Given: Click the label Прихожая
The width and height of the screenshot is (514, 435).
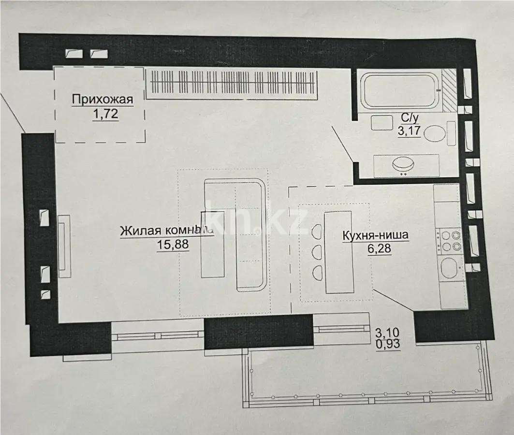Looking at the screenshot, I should coord(102,100).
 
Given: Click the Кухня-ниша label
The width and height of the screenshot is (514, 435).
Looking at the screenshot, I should coord(375,235).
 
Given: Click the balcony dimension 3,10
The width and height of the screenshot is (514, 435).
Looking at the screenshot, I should coord(388,333).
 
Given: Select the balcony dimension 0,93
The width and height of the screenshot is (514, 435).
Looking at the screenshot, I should coord(388,345).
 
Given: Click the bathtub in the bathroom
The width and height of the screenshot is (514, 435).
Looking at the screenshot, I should coord(400,92).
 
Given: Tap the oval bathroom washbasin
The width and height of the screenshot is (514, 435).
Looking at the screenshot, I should coord(405,164).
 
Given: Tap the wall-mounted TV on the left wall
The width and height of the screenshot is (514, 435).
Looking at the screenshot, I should coord(64,246).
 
